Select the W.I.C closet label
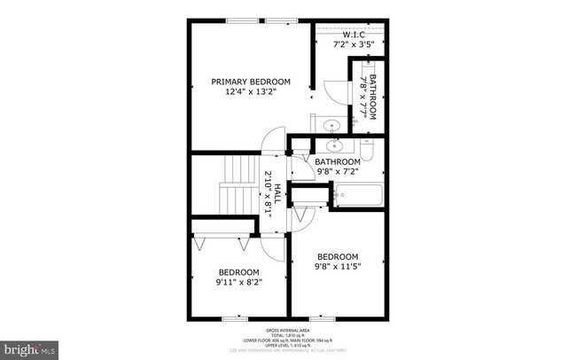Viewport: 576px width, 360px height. (354, 34)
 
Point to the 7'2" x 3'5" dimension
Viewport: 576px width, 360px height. (354, 43)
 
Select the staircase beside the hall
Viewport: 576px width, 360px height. (237, 183)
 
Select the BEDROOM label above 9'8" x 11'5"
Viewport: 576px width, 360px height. (338, 254)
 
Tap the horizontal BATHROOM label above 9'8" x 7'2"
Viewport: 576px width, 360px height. (338, 162)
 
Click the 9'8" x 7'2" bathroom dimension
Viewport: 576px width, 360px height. (338, 172)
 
